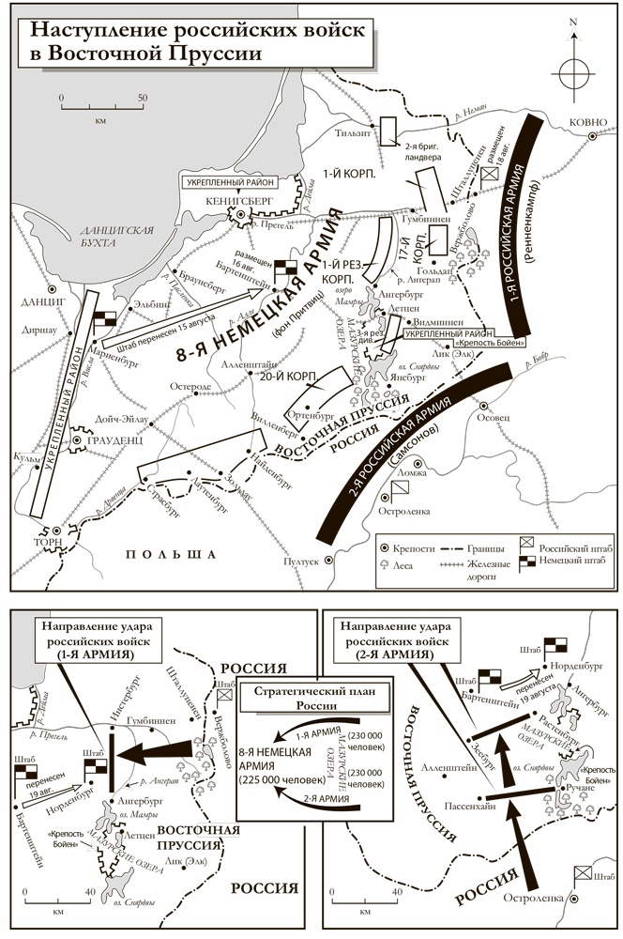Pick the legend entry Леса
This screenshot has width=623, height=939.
click(x=407, y=563)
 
